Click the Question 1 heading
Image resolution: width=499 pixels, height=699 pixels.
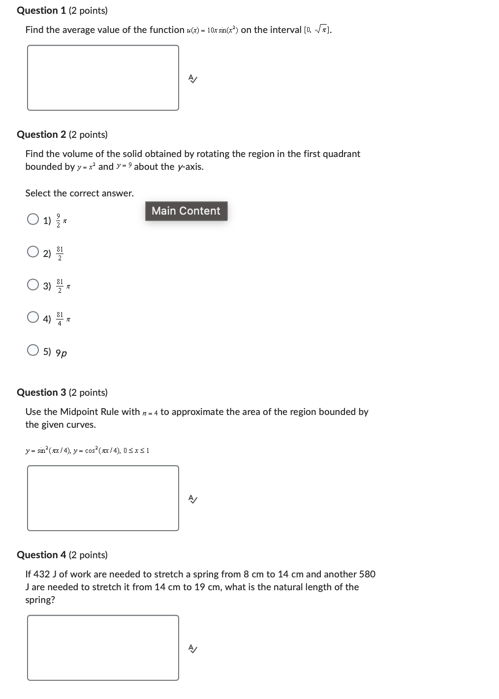(x=62, y=10)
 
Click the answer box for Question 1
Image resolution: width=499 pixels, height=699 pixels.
(x=103, y=78)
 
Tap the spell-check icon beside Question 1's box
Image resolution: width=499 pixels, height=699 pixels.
(x=193, y=79)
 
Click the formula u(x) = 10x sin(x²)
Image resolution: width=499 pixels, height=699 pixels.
(x=213, y=31)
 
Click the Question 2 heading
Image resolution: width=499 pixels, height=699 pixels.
(x=62, y=134)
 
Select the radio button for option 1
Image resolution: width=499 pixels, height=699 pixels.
(x=33, y=219)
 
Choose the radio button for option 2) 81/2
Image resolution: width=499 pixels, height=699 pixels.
(x=33, y=252)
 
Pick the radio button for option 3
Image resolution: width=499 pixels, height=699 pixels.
(x=33, y=285)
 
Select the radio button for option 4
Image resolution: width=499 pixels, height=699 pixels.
(x=33, y=317)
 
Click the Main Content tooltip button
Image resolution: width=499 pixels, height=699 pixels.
(x=186, y=211)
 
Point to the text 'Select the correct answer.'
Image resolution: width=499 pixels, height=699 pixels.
(x=79, y=193)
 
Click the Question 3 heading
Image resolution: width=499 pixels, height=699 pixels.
(x=62, y=392)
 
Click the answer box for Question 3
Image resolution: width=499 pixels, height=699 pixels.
(x=103, y=498)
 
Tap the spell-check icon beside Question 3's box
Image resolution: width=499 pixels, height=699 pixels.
(x=193, y=499)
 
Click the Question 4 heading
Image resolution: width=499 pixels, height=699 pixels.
(x=62, y=555)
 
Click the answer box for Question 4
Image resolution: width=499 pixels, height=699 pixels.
(x=103, y=648)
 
